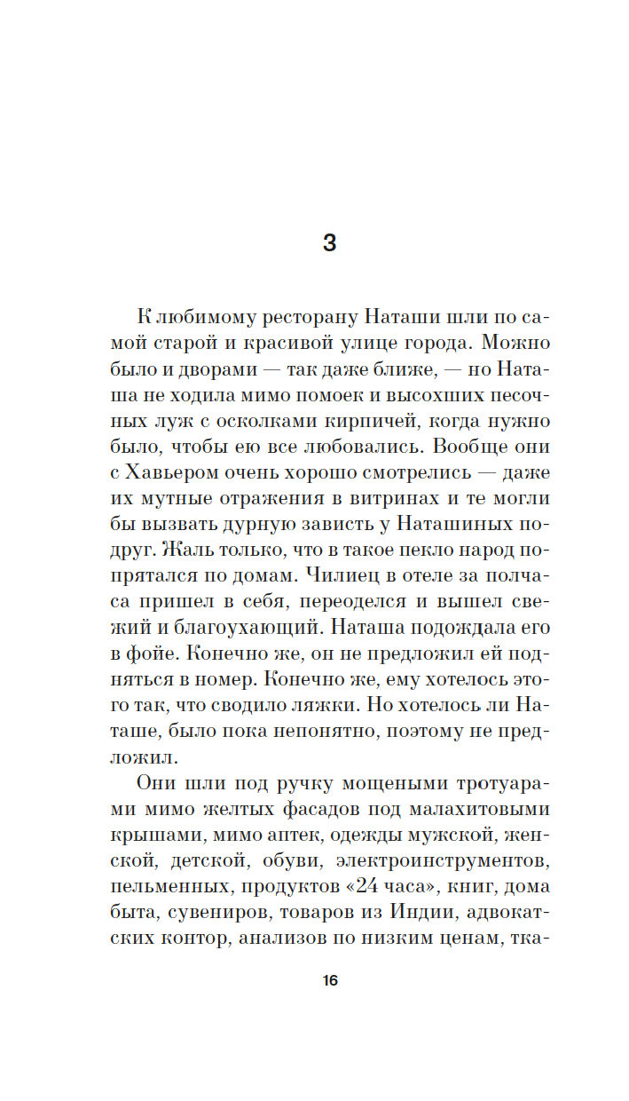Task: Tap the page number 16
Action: pyautogui.click(x=329, y=981)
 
